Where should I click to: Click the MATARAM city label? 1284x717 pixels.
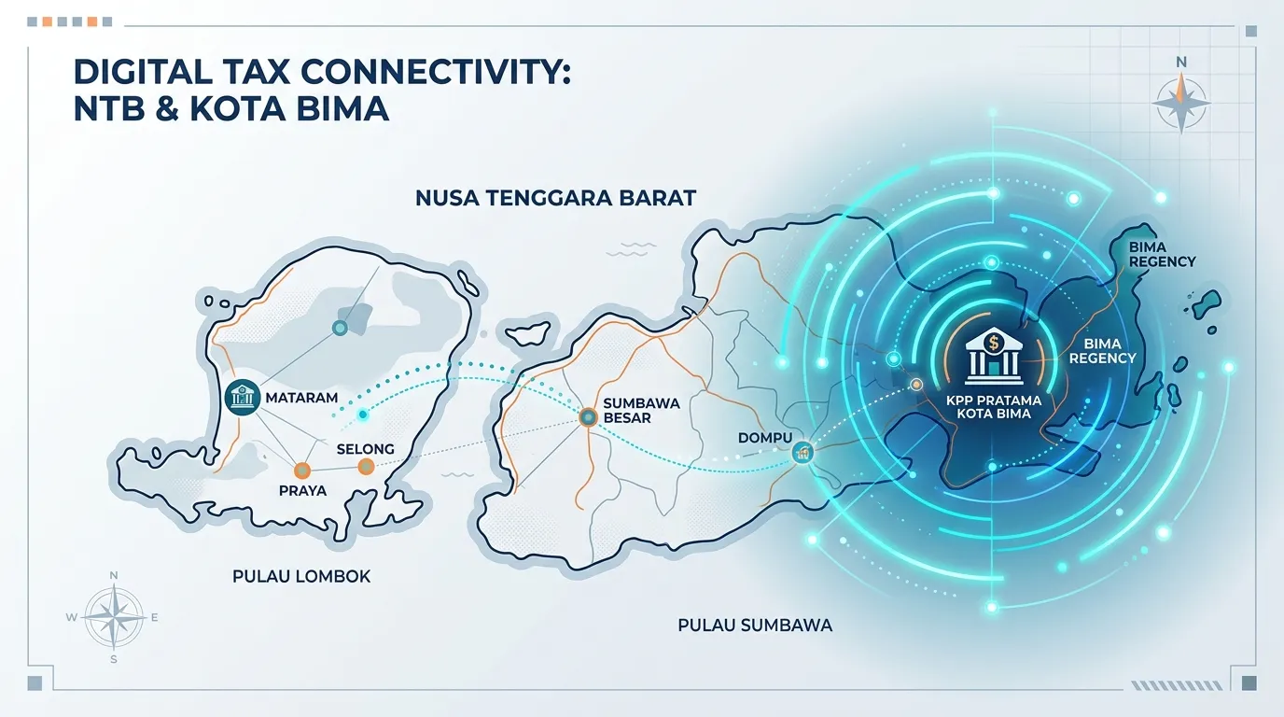pyautogui.click(x=301, y=398)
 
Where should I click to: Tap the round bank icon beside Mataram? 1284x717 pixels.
pyautogui.click(x=243, y=397)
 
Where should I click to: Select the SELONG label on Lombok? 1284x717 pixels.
pyautogui.click(x=365, y=448)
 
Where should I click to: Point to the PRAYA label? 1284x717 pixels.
pyautogui.click(x=302, y=490)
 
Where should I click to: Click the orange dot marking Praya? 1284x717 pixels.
pyautogui.click(x=302, y=471)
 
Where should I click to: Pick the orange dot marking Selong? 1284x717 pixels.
pyautogui.click(x=367, y=467)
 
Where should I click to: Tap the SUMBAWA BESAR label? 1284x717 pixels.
pyautogui.click(x=641, y=411)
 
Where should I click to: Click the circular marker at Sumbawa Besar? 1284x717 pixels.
pyautogui.click(x=588, y=417)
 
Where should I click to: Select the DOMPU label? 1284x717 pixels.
pyautogui.click(x=765, y=438)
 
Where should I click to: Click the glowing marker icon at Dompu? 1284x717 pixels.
pyautogui.click(x=802, y=453)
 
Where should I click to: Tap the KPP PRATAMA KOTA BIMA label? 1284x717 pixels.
pyautogui.click(x=994, y=407)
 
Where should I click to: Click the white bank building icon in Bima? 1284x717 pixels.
pyautogui.click(x=994, y=356)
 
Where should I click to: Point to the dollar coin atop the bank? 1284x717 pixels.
pyautogui.click(x=994, y=343)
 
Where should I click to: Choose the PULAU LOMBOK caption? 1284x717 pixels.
pyautogui.click(x=301, y=576)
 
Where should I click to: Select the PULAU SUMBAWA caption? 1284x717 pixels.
pyautogui.click(x=755, y=626)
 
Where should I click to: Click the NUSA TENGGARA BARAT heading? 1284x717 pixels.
pyautogui.click(x=555, y=198)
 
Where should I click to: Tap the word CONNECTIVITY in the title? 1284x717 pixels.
pyautogui.click(x=435, y=73)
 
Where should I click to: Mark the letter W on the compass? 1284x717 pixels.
pyautogui.click(x=72, y=618)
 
